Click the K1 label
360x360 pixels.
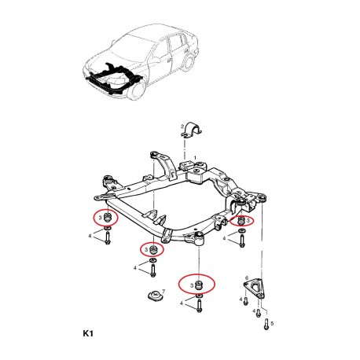[x=88, y=333]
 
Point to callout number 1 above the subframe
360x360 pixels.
[x=195, y=157]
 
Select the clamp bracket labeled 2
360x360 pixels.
[x=192, y=130]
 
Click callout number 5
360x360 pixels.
[x=272, y=324]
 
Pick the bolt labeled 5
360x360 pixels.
[x=266, y=324]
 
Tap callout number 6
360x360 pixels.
[x=246, y=277]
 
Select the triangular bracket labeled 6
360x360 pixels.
[x=253, y=288]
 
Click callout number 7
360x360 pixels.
[x=163, y=291]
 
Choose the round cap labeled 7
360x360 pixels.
[x=155, y=296]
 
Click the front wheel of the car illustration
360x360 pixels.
[x=138, y=90]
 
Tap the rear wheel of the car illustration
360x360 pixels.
[x=188, y=64]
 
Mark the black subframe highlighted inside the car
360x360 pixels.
[x=113, y=79]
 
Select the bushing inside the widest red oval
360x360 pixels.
[x=200, y=285]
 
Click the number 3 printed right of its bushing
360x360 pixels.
[x=248, y=222]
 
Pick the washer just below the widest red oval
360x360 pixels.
[x=199, y=296]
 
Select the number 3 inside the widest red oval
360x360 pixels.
[x=192, y=285]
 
